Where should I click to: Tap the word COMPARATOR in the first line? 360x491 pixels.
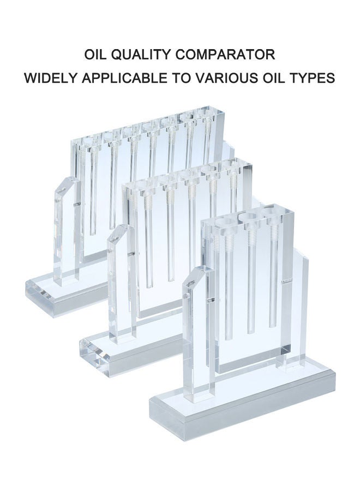coord(225,55)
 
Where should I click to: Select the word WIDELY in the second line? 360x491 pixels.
coord(52,77)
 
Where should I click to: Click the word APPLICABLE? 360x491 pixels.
coord(124,77)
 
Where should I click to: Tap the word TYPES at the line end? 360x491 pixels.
coord(310,77)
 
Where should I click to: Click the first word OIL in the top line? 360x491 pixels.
coord(96,55)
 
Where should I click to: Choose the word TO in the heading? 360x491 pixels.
coord(181,77)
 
